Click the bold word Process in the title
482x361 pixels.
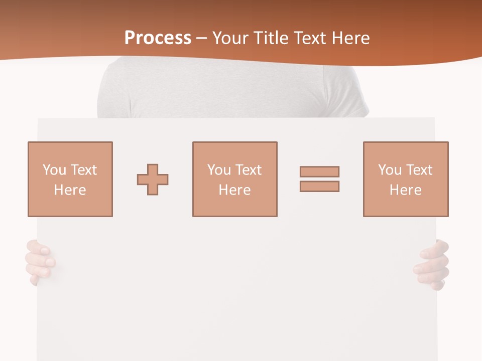158,38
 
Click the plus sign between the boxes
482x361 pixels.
153,179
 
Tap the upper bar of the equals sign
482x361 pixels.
319,171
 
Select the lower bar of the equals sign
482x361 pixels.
319,186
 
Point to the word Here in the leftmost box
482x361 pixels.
70,190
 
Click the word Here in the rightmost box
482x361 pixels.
405,190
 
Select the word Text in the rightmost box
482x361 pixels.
419,170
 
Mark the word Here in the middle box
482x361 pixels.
234,190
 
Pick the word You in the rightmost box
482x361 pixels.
390,170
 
